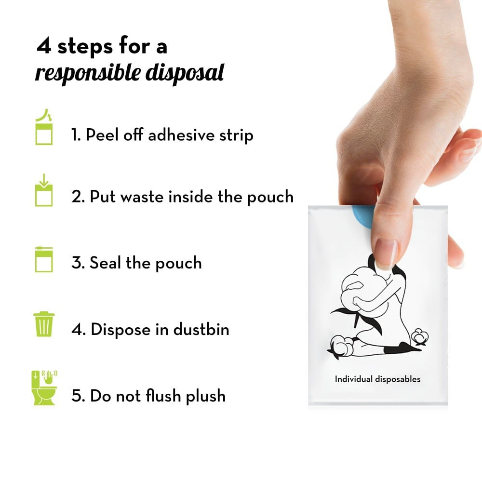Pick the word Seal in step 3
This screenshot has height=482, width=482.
pyautogui.click(x=106, y=263)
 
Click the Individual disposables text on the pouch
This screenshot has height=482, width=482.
pyautogui.click(x=377, y=379)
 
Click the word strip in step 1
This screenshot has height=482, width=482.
pyautogui.click(x=235, y=135)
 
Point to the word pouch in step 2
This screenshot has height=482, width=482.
pyautogui.click(x=270, y=197)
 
